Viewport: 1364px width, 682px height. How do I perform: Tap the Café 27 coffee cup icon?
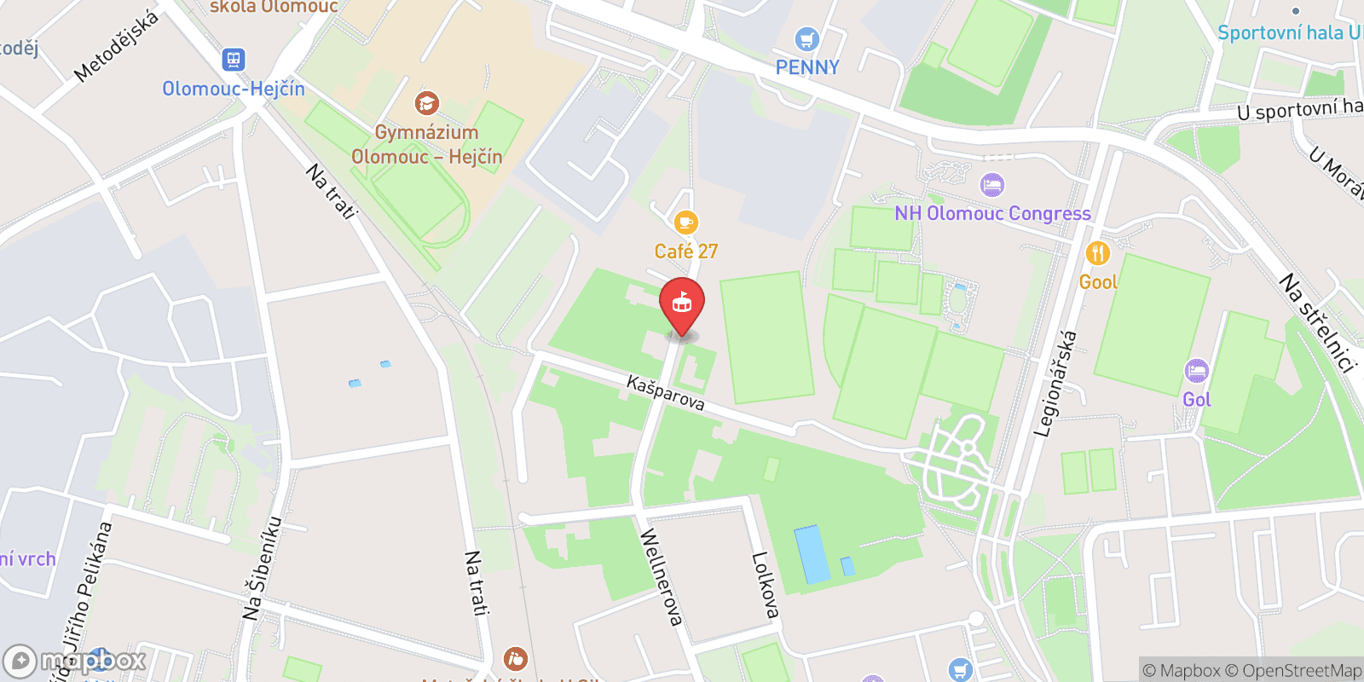(x=685, y=223)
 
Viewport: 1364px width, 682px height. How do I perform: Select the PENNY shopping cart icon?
(x=806, y=39)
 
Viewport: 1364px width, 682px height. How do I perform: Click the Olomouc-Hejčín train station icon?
(x=234, y=60)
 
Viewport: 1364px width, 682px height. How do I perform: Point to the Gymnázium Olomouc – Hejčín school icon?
(x=426, y=104)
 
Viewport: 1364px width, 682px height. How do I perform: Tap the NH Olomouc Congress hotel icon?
(x=991, y=185)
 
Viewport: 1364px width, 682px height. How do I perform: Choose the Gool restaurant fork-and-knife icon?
(x=1097, y=253)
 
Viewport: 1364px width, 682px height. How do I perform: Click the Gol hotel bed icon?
(x=1197, y=371)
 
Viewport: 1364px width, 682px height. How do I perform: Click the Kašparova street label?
(x=665, y=393)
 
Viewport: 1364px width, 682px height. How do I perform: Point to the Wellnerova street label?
(x=662, y=577)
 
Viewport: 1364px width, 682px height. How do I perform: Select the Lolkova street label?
(x=765, y=585)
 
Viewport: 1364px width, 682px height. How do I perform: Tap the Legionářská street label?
(x=1055, y=384)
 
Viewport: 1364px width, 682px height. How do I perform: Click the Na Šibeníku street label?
(x=263, y=568)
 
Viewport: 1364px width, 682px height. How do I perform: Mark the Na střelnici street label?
(x=1317, y=323)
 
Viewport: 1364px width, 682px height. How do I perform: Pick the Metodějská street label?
(x=116, y=46)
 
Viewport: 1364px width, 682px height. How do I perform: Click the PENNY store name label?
(x=807, y=67)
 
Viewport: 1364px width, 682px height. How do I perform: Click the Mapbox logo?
(x=75, y=661)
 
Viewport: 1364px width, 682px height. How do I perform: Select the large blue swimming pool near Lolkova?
(x=812, y=554)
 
